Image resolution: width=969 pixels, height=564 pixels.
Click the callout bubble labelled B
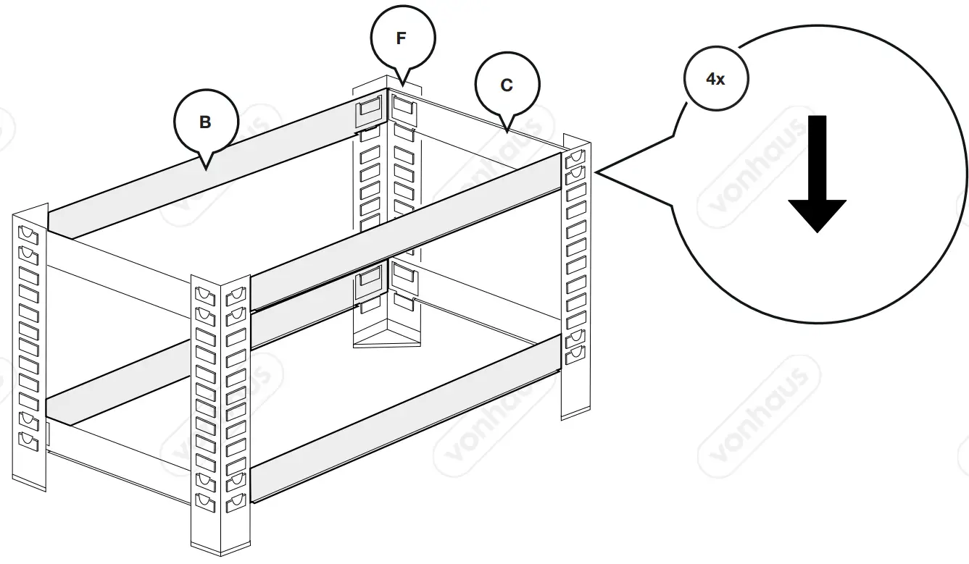click(x=206, y=122)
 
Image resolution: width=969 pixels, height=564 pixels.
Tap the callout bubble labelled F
click(x=402, y=38)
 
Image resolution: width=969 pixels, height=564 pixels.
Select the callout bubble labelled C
click(x=507, y=85)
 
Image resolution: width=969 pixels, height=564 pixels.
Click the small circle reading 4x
click(x=715, y=80)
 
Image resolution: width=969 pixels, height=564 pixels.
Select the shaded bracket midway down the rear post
click(x=369, y=281)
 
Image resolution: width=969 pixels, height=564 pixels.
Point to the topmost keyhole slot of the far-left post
click(x=29, y=234)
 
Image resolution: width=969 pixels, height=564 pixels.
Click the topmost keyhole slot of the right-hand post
click(x=576, y=157)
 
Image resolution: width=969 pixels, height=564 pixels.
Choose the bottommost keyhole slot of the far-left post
click(x=29, y=440)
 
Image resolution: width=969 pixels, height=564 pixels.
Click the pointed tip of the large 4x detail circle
click(x=596, y=173)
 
